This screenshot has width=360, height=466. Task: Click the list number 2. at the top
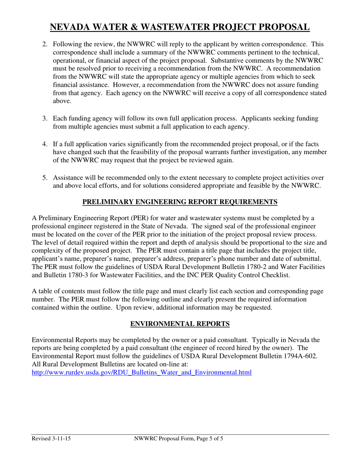45,44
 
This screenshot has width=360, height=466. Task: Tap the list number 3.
45,119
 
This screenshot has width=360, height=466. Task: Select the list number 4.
45,144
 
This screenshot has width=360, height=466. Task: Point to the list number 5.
45,178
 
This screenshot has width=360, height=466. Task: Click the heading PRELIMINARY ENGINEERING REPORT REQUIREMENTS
180,202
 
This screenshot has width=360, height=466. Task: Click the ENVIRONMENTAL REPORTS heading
180,324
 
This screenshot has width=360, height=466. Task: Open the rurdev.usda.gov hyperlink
141,372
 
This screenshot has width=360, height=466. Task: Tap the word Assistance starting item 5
69,178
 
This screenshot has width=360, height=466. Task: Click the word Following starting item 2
67,44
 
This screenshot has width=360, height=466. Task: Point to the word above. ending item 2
61,101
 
